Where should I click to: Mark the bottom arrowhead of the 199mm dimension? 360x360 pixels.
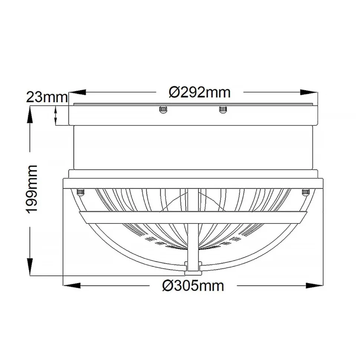tap(29, 268)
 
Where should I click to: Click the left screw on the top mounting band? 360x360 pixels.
tap(162, 109)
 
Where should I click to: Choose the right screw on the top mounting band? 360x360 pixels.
tap(223, 109)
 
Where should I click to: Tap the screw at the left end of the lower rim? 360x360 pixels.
tap(80, 192)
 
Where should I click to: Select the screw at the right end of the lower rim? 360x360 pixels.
tap(306, 192)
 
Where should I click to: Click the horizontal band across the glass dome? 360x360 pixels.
tap(193, 217)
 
